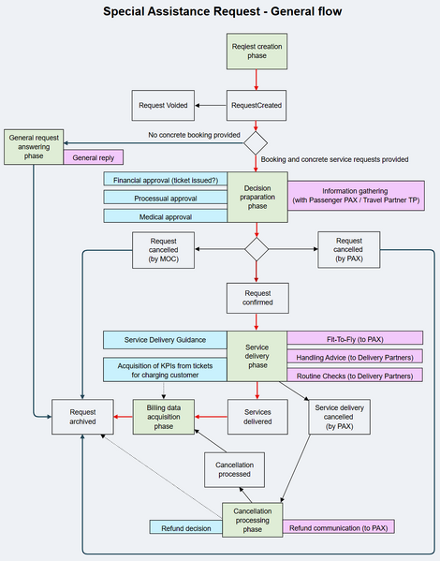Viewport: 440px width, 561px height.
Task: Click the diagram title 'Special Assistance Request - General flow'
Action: (x=222, y=12)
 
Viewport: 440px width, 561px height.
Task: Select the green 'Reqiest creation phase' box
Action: (x=256, y=51)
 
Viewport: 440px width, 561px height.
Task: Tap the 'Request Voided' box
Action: (x=163, y=106)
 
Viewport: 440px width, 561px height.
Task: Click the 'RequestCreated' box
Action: (x=256, y=106)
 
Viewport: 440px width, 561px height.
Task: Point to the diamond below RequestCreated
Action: (x=256, y=143)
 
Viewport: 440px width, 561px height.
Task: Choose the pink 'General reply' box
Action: (x=94, y=157)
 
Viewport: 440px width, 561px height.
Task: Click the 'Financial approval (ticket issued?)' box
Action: (x=165, y=180)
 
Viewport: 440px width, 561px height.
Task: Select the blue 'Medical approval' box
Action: (x=165, y=216)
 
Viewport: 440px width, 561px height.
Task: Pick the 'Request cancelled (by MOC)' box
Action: (x=163, y=252)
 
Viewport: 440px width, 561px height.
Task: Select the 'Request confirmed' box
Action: (x=256, y=298)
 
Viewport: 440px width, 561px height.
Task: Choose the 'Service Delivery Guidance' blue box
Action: (x=165, y=338)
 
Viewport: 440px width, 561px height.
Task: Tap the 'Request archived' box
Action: (x=81, y=418)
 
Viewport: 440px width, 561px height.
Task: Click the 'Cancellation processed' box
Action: (x=233, y=469)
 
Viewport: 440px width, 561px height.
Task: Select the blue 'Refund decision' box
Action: (x=185, y=527)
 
